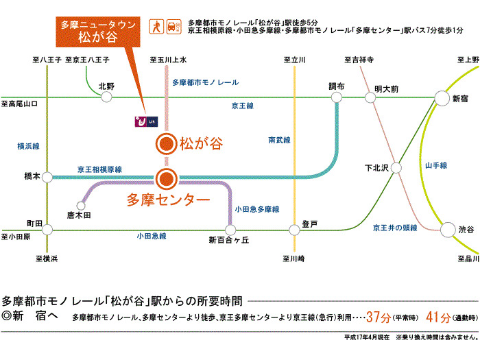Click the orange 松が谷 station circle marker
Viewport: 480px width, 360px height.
(165, 144)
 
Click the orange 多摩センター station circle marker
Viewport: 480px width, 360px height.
(165, 180)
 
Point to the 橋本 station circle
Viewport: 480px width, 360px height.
(47, 177)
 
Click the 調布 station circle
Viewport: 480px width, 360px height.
(336, 98)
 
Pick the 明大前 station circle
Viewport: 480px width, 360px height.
(371, 98)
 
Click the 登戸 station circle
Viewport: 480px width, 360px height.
(295, 230)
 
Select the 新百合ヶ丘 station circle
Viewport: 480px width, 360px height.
(228, 230)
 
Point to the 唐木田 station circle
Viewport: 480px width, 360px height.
(82, 204)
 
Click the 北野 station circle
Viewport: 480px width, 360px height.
(106, 97)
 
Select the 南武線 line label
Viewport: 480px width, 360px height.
(279, 140)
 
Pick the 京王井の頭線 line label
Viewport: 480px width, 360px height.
(395, 227)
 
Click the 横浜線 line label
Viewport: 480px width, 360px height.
(28, 146)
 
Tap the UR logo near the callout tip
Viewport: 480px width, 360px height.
(145, 122)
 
